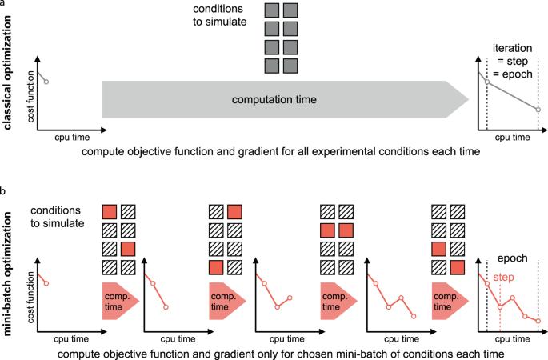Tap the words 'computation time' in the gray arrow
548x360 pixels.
[x=267, y=100]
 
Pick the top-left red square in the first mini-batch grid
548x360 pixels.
[x=110, y=212]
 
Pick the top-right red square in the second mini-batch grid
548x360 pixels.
[x=234, y=212]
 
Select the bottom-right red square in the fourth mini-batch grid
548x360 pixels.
[x=458, y=266]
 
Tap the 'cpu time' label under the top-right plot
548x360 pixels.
[x=510, y=138]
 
